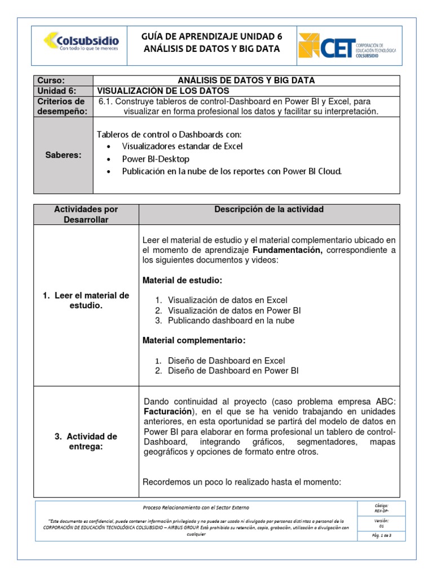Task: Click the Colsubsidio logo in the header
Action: [81, 43]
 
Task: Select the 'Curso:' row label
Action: [51, 81]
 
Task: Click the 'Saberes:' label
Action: [64, 155]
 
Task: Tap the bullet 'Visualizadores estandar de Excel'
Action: [182, 147]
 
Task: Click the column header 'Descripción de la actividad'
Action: [269, 210]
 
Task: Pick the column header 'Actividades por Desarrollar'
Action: [86, 214]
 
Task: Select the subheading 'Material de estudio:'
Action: [182, 280]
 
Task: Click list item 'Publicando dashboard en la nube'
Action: [231, 321]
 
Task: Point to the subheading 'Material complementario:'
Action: [193, 341]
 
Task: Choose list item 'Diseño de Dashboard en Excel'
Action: [226, 361]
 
